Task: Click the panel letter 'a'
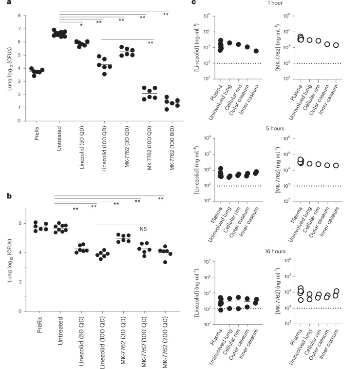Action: (x=9, y=2)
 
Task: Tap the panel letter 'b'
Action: (x=9, y=196)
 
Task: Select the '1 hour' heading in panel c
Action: (x=275, y=3)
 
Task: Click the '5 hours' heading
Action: (x=275, y=129)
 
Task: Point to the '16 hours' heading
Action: (x=275, y=252)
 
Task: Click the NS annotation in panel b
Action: (x=143, y=229)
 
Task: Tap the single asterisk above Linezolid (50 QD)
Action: (x=81, y=25)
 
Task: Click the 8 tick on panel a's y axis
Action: (x=19, y=16)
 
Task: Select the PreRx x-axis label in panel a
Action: (x=37, y=133)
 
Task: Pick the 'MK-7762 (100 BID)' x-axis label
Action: (x=172, y=148)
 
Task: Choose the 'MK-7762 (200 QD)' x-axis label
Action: (x=165, y=342)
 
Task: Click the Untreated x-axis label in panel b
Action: (x=60, y=330)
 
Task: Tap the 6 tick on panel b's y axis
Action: (x=20, y=223)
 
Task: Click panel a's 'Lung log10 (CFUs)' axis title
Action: (x=10, y=69)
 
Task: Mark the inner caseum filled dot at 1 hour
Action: (x=256, y=51)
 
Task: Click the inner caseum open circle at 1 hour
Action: (x=336, y=45)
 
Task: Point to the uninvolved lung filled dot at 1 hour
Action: (x=229, y=43)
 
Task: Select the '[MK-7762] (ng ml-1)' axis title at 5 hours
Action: (x=278, y=170)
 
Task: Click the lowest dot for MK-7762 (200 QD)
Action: (x=165, y=262)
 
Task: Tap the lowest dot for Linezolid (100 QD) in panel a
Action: (x=104, y=74)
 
